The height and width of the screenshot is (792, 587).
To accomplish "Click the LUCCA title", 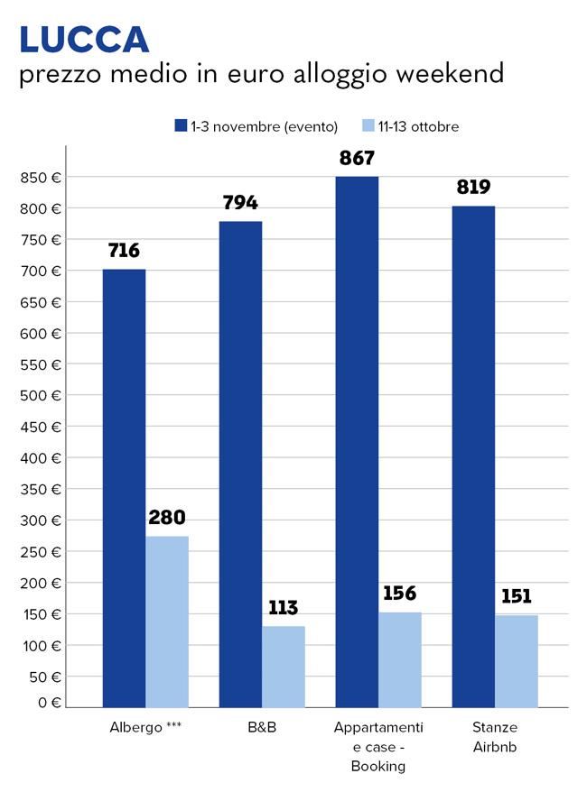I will (84, 39).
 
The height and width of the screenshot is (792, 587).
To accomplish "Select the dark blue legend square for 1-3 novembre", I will (180, 126).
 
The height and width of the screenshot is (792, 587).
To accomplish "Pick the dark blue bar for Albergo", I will (124, 487).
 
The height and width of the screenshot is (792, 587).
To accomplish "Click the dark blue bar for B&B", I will (240, 464).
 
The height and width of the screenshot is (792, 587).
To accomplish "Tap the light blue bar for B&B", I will (284, 666).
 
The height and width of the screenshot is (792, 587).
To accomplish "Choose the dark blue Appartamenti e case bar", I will (357, 441).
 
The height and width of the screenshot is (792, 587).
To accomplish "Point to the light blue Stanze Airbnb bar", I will (517, 660).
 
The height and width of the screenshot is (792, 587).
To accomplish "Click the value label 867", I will (357, 158).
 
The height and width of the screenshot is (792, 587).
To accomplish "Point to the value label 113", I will (283, 607).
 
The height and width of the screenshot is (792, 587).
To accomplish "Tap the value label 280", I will (167, 518).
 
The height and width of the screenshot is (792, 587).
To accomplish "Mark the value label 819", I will (473, 188).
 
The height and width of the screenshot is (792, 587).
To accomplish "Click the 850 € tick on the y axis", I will (41, 178).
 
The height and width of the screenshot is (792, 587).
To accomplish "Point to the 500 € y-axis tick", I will (41, 395).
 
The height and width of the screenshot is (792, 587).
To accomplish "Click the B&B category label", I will (262, 727).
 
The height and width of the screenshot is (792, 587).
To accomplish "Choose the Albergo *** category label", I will (144, 727).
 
